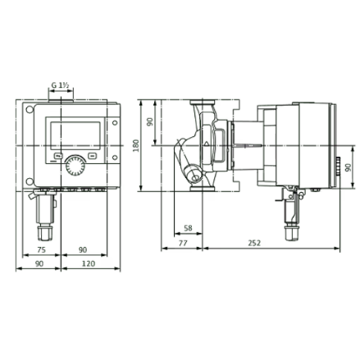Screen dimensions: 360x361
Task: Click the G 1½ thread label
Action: [x=60, y=85]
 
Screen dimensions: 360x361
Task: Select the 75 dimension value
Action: [x=41, y=249]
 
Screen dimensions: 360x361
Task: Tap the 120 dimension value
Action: [x=89, y=263]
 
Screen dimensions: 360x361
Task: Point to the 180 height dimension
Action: [x=136, y=145]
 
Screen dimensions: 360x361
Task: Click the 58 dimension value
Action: [x=188, y=228]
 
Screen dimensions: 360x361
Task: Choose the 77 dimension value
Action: [x=183, y=243]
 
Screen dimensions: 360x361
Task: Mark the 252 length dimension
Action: [x=254, y=243]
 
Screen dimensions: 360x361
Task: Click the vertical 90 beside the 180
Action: [x=150, y=122]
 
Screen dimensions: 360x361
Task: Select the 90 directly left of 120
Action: [x=39, y=263]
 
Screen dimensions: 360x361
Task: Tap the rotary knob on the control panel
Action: [x=75, y=166]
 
